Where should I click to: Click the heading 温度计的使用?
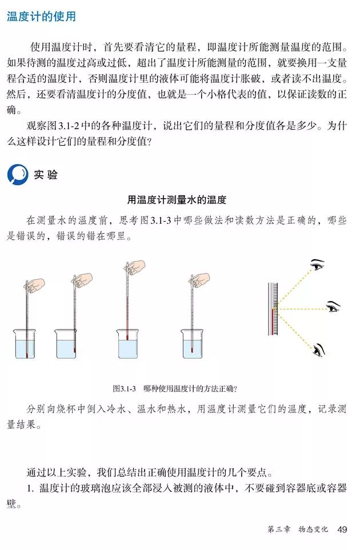(x=41, y=17)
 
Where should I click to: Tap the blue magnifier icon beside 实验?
(x=17, y=175)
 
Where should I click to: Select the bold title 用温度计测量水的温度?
(x=177, y=200)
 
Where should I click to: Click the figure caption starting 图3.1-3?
(x=175, y=388)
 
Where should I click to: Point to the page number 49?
(x=342, y=529)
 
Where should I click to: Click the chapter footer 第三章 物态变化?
(x=298, y=530)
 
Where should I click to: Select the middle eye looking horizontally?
(x=333, y=307)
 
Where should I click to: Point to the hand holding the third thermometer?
(x=137, y=267)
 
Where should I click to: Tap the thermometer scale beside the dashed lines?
(x=273, y=309)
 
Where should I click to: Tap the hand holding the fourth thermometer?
(x=201, y=279)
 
